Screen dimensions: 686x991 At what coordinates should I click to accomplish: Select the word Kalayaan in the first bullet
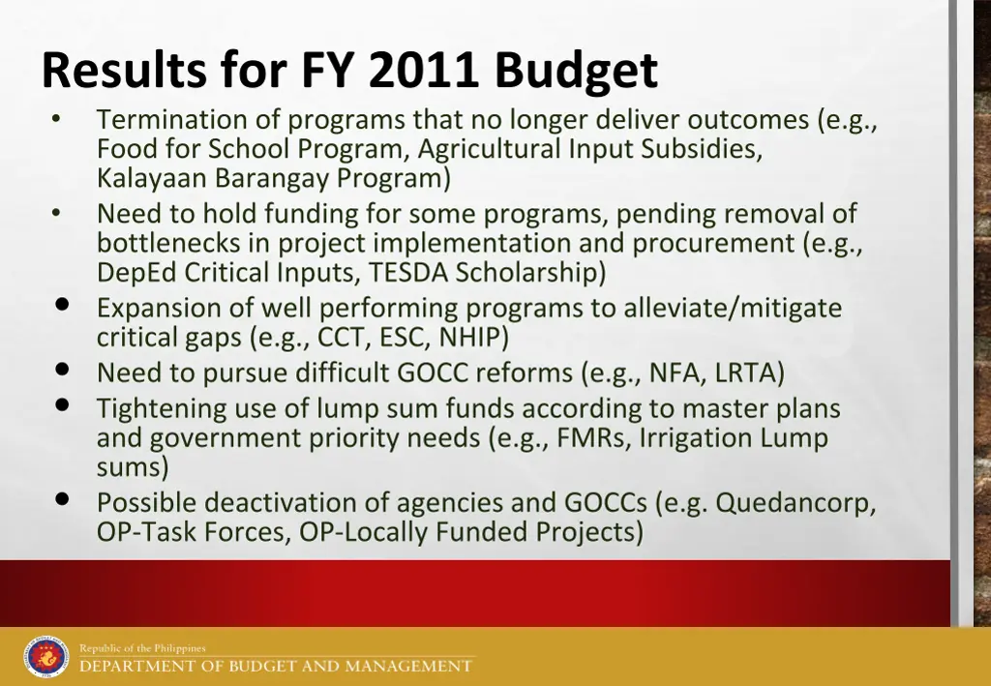click(152, 178)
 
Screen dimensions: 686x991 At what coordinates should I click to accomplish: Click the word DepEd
click(136, 272)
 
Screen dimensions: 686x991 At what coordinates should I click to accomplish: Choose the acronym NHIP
click(473, 337)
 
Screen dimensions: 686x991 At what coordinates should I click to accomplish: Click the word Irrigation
click(696, 437)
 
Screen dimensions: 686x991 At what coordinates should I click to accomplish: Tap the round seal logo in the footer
click(46, 657)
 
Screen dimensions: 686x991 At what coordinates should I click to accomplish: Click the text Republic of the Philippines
click(143, 648)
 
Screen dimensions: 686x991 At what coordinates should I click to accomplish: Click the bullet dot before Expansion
click(62, 305)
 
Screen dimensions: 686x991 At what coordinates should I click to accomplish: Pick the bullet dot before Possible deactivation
click(62, 499)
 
